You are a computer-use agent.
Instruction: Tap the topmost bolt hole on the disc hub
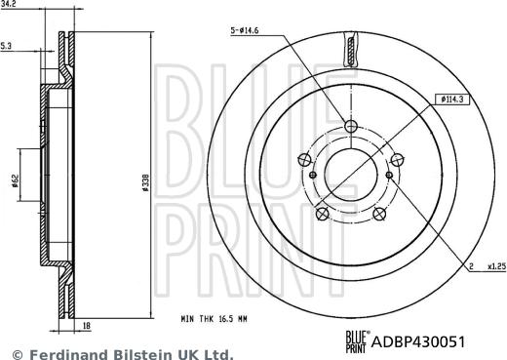[352, 126]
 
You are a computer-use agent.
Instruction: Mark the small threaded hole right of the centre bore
[388, 175]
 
